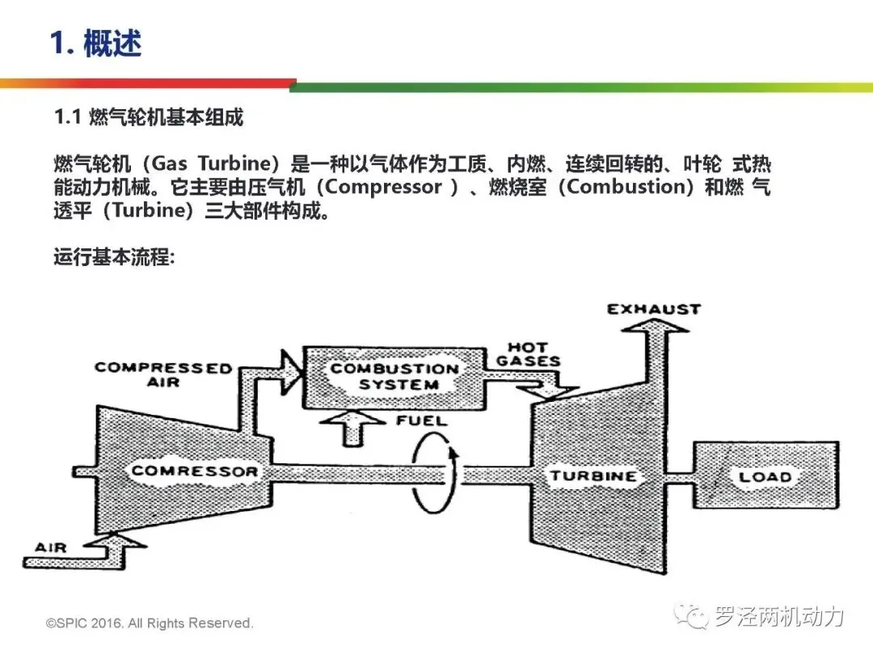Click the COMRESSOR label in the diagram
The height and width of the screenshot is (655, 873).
194,471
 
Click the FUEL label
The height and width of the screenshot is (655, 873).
421,420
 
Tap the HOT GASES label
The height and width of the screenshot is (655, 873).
529,353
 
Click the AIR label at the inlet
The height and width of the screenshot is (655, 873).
51,547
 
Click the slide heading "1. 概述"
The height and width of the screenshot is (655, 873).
95,42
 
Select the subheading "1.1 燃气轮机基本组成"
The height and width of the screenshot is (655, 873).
149,117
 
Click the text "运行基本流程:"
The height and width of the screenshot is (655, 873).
114,259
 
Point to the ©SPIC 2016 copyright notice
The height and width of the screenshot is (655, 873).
150,623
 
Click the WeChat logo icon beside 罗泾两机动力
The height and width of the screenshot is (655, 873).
694,617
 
